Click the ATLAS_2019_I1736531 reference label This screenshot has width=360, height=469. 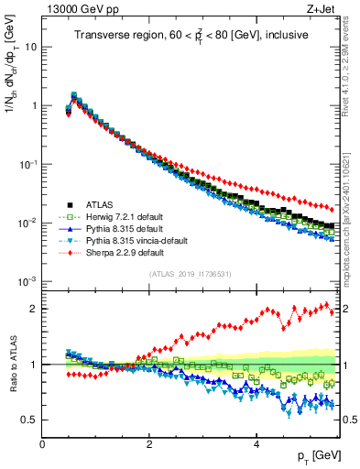click(189, 274)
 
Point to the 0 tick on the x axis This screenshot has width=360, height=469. click(42, 443)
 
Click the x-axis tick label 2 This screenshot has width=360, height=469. click(148, 443)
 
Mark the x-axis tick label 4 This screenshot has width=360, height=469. click(255, 443)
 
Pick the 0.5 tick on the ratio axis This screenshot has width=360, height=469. click(29, 420)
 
